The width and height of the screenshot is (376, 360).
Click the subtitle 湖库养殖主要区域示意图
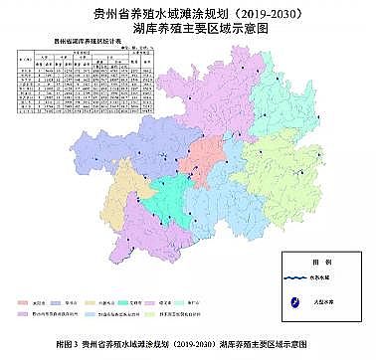pos(187,29)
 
